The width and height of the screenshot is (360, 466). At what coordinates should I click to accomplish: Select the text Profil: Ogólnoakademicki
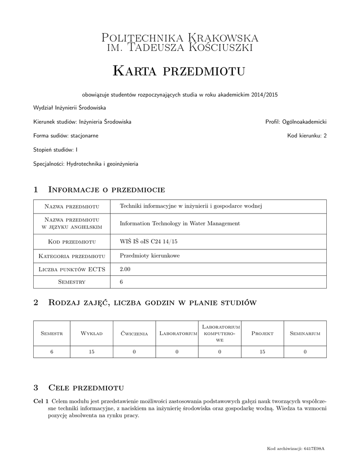(x=296, y=122)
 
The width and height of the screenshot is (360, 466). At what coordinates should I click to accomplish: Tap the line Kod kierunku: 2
(x=307, y=136)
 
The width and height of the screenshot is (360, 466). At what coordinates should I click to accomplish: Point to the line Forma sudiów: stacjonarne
(x=66, y=136)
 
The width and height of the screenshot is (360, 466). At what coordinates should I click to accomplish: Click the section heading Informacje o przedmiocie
(x=106, y=189)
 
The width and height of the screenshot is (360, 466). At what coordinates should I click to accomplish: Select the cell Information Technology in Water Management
(x=179, y=223)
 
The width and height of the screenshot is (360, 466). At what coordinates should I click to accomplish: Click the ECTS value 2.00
(x=125, y=269)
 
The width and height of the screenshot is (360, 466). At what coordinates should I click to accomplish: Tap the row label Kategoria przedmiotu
(x=72, y=256)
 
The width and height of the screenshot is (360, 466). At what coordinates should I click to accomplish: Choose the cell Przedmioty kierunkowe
(x=149, y=256)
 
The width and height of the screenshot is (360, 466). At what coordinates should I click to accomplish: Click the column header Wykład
(x=91, y=334)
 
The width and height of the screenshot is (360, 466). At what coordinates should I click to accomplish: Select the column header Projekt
(x=262, y=334)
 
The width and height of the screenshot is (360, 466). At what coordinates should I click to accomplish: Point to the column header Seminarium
(x=305, y=334)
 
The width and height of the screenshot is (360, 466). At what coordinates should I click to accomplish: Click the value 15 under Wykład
(x=91, y=352)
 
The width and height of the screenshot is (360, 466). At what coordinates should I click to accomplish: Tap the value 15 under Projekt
(x=262, y=352)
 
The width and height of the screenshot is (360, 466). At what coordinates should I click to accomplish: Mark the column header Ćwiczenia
(x=134, y=334)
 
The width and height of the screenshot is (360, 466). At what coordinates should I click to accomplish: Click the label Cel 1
(x=41, y=401)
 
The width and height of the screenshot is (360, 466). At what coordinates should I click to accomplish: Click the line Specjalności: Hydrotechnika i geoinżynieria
(x=86, y=163)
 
